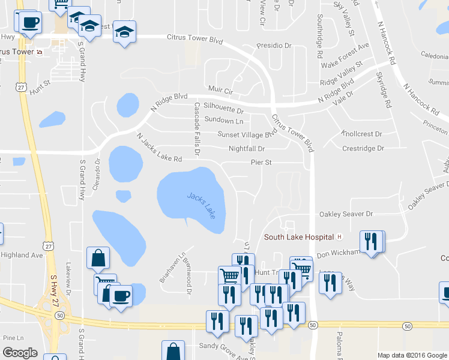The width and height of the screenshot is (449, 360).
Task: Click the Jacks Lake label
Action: click(200, 205)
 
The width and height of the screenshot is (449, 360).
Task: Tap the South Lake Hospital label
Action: click(298, 237)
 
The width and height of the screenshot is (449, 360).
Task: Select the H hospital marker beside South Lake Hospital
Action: click(339, 237)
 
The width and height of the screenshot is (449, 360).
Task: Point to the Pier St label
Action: click(261, 163)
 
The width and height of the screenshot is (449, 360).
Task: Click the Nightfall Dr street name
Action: click(246, 149)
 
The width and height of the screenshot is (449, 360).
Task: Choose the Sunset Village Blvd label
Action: click(250, 134)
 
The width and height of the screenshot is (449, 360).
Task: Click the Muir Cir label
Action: click(220, 90)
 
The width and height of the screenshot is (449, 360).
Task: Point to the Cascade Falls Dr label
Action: click(196, 128)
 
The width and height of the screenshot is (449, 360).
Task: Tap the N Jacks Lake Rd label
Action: click(158, 148)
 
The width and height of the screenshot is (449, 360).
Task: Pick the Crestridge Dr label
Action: click(363, 148)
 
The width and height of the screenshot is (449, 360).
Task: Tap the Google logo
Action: click(19, 353)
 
